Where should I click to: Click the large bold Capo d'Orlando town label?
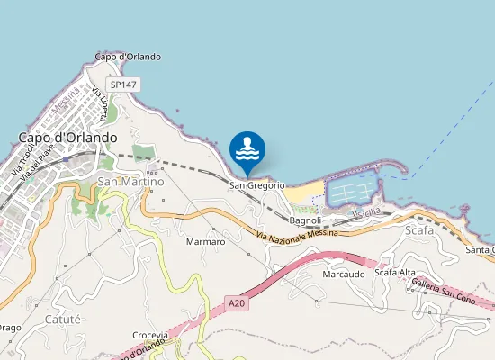(67, 138)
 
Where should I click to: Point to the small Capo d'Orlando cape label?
(128, 57)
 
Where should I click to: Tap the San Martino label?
(130, 182)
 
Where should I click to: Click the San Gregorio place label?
(258, 185)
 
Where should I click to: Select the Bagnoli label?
(306, 220)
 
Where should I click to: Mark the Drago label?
(7, 327)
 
